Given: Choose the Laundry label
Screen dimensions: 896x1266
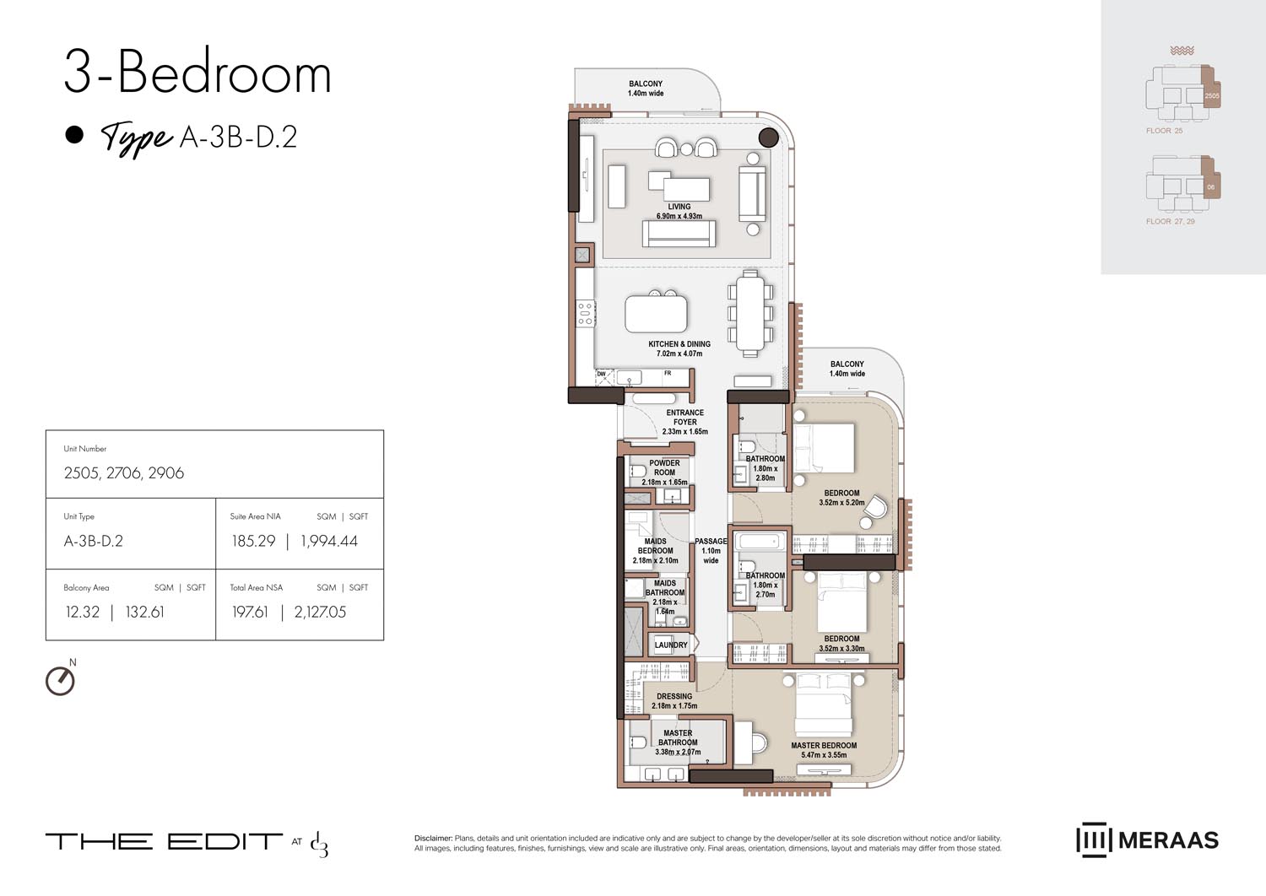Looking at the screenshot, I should tap(671, 645).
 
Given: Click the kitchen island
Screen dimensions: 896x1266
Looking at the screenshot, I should tap(656, 314).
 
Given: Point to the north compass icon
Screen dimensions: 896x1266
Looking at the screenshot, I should tap(60, 680).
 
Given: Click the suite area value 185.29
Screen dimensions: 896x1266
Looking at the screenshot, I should tap(253, 541).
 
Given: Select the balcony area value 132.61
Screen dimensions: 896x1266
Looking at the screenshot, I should tap(144, 612).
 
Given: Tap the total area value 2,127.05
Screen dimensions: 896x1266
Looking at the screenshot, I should tap(320, 612).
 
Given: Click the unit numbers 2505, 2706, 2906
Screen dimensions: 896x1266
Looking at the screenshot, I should tap(124, 472).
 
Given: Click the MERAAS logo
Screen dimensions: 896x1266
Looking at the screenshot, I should tap(1148, 840).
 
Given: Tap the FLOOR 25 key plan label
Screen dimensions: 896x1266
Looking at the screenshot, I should tap(1164, 131).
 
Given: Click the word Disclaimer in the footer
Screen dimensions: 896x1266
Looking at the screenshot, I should tap(433, 839).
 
